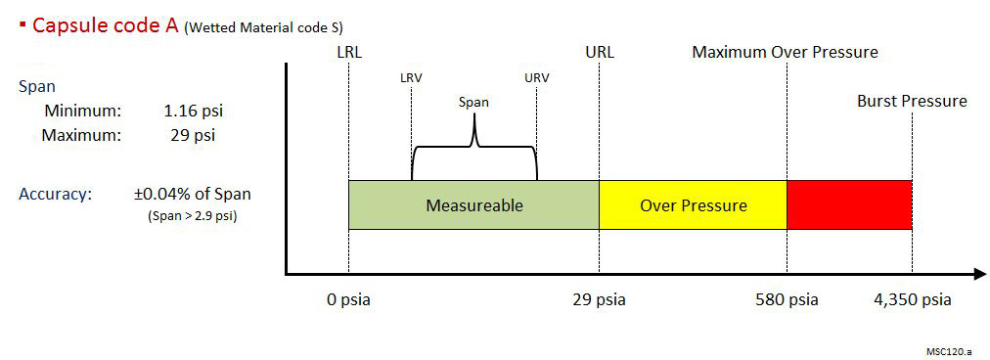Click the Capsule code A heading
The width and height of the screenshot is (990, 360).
[x=105, y=26]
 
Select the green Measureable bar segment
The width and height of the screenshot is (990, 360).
[x=473, y=205]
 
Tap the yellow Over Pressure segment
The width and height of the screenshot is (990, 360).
[x=693, y=205]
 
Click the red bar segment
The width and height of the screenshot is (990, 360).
[x=849, y=205]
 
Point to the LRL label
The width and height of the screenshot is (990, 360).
[x=348, y=52]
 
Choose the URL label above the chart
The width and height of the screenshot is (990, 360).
[x=599, y=52]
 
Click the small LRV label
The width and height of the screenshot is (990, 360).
[x=411, y=78]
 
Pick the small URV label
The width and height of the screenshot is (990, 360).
[x=536, y=78]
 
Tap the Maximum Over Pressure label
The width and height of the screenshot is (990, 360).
[x=785, y=52]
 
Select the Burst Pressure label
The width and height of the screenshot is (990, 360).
[x=912, y=101]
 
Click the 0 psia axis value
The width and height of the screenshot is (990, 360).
[x=349, y=299]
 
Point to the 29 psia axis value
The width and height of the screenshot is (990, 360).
[x=599, y=299]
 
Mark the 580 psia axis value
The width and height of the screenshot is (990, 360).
[x=789, y=299]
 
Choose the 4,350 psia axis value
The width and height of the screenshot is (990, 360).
[x=912, y=299]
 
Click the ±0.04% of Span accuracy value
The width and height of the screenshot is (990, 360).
[x=192, y=194]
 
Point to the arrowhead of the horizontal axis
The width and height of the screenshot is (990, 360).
[x=978, y=274]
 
